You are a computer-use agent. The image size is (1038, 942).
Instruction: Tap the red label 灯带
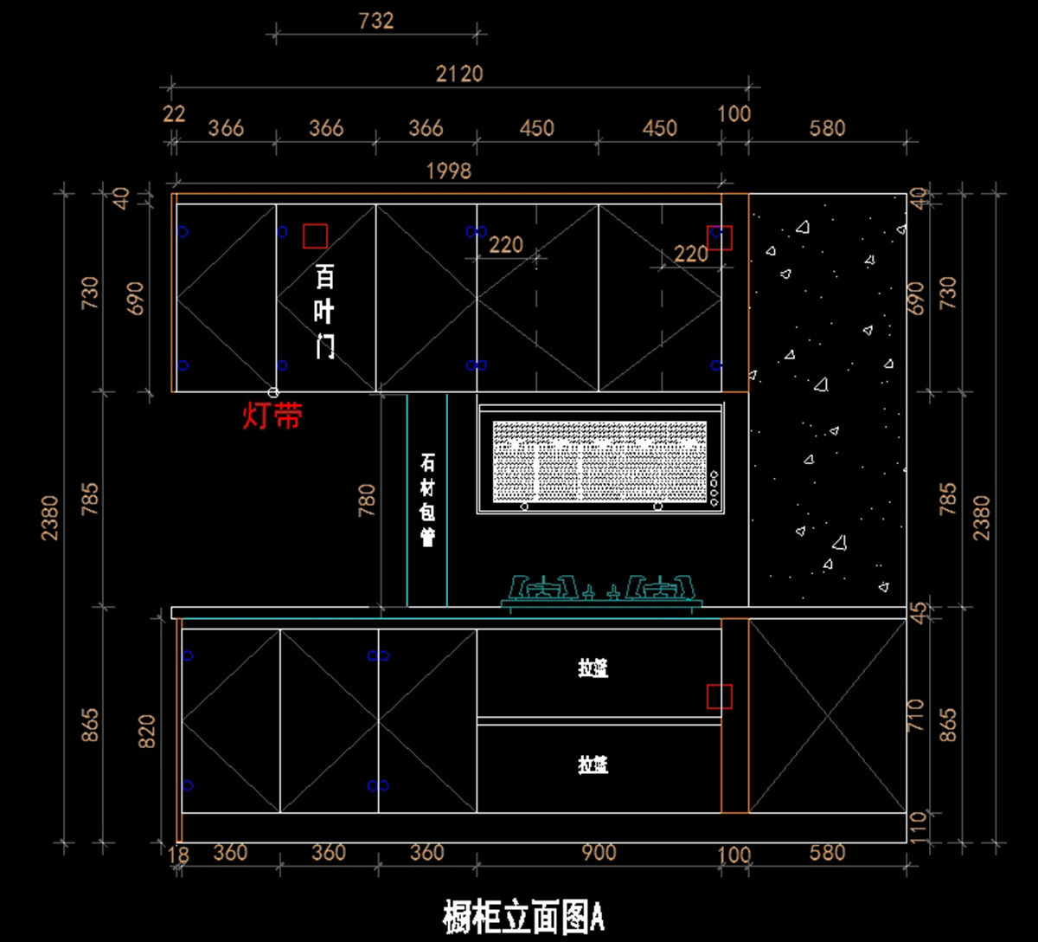coord(272,416)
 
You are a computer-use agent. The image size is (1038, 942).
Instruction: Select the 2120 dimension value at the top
coord(458,74)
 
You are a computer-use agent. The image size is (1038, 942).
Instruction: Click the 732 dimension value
coord(375,20)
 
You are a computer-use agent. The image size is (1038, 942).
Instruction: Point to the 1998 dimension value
coord(448,171)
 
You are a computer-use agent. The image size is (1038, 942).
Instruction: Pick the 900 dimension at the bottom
coord(599,853)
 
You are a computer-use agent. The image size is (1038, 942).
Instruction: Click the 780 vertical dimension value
coord(367,501)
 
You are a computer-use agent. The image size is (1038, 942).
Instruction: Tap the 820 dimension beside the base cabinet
coord(146,733)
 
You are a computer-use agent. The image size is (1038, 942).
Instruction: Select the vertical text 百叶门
coord(324,313)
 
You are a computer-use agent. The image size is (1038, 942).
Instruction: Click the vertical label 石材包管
coord(427,500)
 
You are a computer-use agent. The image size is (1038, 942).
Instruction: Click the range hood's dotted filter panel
coord(599,461)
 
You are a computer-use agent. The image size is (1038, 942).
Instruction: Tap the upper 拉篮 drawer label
coord(593,668)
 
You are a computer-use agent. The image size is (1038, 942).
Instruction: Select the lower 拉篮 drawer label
coord(593,765)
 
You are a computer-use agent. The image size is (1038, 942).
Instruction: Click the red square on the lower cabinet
coord(719,696)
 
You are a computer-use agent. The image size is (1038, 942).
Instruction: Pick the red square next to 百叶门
coord(315,235)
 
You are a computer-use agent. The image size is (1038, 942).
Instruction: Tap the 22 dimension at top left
coord(174,113)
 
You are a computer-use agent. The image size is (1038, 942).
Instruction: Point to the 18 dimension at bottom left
coord(177,854)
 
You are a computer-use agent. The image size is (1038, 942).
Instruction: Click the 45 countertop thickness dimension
coord(917,610)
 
